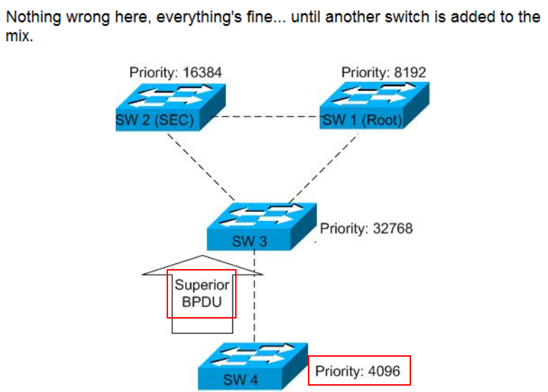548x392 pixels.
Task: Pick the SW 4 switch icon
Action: tap(251, 366)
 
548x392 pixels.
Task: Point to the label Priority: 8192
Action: tap(383, 72)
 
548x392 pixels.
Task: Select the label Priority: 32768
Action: tap(366, 229)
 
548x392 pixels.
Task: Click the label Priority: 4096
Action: tap(359, 371)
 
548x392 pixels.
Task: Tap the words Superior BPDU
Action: tap(202, 293)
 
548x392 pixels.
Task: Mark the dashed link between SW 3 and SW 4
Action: tap(254, 297)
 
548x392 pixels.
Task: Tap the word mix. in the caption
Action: tap(19, 35)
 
